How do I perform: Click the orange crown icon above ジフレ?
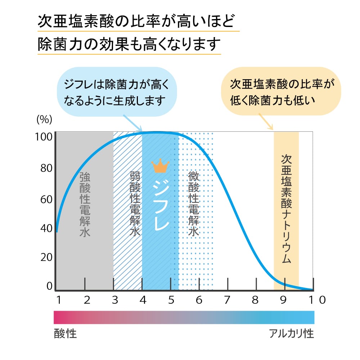tap(160, 166)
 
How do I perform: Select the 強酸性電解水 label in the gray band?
tap(85, 204)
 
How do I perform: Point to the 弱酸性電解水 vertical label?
tap(135, 204)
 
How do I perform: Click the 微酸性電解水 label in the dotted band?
tap(193, 204)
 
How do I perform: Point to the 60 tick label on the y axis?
tap(46, 199)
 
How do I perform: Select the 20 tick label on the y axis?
tap(46, 257)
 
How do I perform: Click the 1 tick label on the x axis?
tap(58, 300)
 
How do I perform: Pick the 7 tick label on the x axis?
tap(227, 300)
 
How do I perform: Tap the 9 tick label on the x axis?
tap(283, 300)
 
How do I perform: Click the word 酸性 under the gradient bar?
tap(65, 334)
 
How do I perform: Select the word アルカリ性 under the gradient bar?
tap(292, 334)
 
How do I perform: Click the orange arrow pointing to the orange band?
tap(266, 122)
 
